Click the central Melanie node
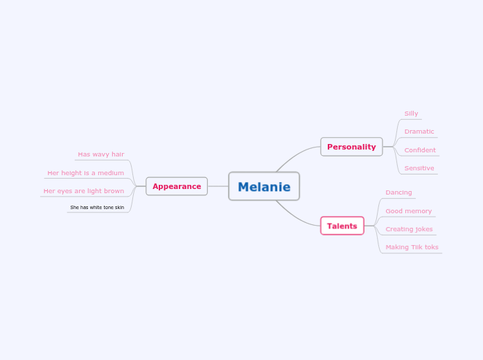pos(264,186)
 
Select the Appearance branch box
pos(177,186)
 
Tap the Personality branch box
pos(351,147)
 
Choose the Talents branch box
pos(342,226)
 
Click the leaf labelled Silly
pos(411,114)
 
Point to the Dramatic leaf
pos(419,132)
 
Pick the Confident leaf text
pos(420,150)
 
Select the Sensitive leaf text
pos(419,168)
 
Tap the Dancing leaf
pos(398,192)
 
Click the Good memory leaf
pos(408,211)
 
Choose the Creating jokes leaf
pos(409,229)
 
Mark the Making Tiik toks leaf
pos(412,247)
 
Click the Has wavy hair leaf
pos(100,154)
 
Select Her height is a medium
pos(85,173)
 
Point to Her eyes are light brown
pos(83,191)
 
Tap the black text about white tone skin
pos(97,207)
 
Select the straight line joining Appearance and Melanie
pos(218,186)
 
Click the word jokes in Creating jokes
pos(423,229)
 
